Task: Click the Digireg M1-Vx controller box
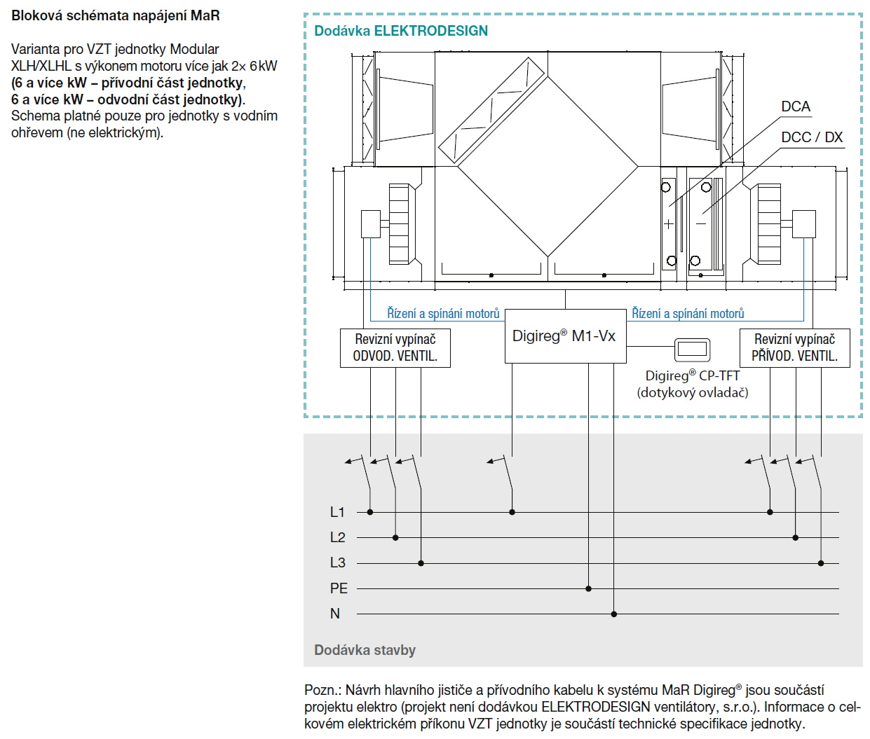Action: click(564, 336)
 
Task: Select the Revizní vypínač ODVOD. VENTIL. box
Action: click(395, 347)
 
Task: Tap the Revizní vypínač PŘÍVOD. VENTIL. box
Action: click(794, 347)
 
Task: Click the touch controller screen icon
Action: click(692, 349)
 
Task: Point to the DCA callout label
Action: click(796, 106)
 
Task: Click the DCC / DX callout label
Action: click(812, 137)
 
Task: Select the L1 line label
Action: click(337, 512)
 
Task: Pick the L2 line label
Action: click(337, 537)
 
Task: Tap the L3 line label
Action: click(337, 562)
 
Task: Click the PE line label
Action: click(339, 588)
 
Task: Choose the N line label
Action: click(335, 614)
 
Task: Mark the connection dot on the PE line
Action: click(588, 588)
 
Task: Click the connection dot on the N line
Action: click(613, 614)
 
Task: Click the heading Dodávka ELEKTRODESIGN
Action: click(401, 31)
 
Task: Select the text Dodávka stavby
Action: click(365, 650)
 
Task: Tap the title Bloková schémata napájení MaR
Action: click(116, 15)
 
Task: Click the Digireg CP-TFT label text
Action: click(693, 375)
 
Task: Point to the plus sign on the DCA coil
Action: click(668, 224)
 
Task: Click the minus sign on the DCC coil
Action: click(701, 223)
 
